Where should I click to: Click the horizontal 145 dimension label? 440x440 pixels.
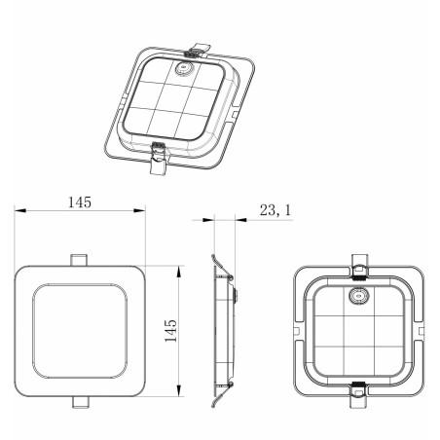click(x=80, y=202)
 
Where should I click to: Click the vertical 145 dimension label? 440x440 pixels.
click(x=170, y=331)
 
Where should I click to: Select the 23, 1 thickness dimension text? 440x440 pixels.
click(x=275, y=210)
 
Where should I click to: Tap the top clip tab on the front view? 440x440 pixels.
click(x=79, y=260)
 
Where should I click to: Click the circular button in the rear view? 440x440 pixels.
click(x=358, y=296)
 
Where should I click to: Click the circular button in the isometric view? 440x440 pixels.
click(x=184, y=68)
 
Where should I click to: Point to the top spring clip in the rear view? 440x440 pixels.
click(x=359, y=267)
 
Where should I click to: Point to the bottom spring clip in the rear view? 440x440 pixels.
click(x=358, y=394)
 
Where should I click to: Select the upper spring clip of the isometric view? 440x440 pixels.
click(x=197, y=51)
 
